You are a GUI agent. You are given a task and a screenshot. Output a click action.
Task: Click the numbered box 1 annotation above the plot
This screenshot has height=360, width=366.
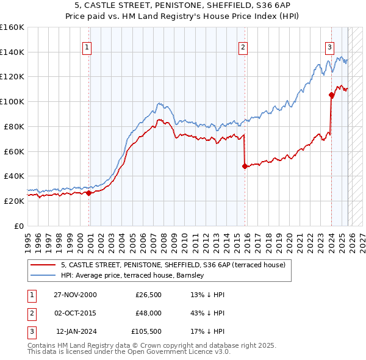coord(87,48)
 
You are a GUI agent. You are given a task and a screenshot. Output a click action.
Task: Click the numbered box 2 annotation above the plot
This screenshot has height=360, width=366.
coord(243,48)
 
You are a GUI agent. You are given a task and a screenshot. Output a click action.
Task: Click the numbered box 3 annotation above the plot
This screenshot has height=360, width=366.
coord(329,48)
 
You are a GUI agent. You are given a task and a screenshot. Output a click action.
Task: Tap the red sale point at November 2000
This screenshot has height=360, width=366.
coord(88,193)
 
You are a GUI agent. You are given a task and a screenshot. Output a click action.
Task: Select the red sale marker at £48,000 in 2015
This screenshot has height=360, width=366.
coord(245,166)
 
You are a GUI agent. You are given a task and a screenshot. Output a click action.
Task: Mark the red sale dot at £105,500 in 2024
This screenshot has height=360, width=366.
coord(331,95)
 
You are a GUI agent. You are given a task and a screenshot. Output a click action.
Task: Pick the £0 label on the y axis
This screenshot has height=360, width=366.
coord(18,226)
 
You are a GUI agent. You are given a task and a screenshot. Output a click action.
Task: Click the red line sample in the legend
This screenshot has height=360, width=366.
coord(43,265)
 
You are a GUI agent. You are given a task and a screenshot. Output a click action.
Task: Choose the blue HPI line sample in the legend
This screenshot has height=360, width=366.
coord(43,275)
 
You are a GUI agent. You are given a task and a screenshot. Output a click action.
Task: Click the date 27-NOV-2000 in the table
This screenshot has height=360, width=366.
coord(75,295)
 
